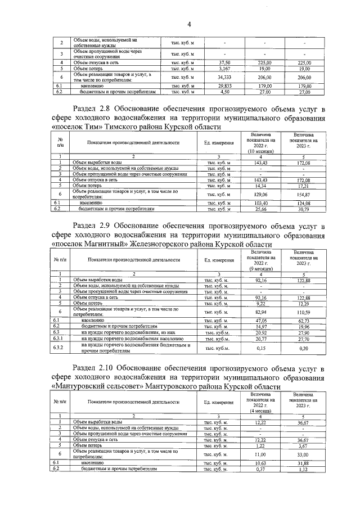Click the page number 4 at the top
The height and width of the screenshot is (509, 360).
point(189,24)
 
